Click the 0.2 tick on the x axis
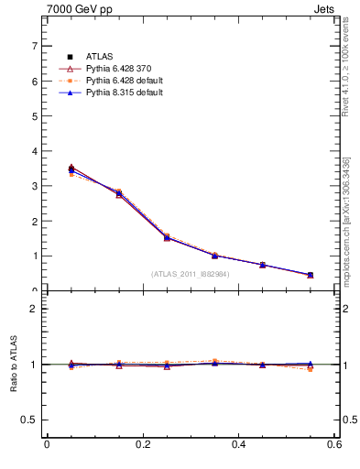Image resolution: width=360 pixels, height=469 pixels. coord(143,444)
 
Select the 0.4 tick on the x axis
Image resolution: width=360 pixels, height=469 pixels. coord(239,444)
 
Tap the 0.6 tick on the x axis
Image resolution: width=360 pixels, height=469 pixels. coord(334,444)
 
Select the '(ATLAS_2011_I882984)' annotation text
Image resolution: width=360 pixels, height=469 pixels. coord(191,274)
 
